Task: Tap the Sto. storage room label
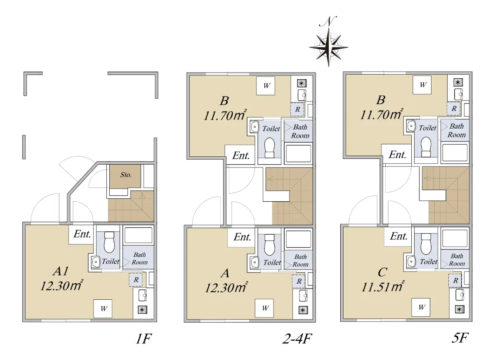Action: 126,175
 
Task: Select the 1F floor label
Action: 144,339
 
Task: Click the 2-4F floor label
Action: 297,339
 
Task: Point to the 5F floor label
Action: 460,338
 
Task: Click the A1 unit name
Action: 61,271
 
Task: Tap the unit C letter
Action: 382,272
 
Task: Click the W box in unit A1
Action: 103,308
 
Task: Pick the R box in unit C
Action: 455,280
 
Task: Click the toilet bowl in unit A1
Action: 109,242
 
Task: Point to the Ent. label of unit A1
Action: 82,234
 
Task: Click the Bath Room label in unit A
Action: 300,261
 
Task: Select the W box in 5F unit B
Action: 422,85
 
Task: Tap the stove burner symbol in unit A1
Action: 142,310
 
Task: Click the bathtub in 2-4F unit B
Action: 298,153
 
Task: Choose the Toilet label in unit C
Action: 429,261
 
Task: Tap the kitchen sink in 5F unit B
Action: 459,94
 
